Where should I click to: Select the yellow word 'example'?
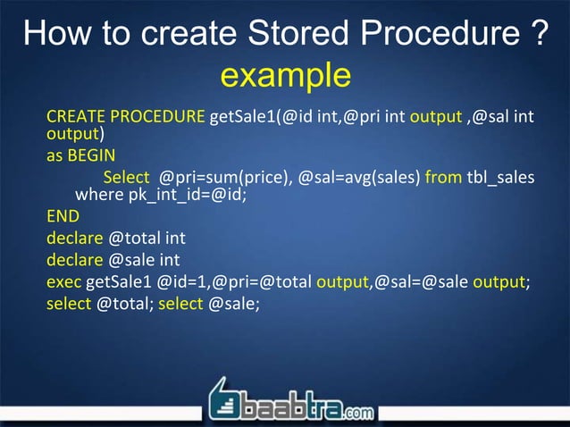click(x=285, y=76)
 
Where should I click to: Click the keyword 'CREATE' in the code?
click(x=75, y=118)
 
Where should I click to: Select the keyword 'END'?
click(x=63, y=217)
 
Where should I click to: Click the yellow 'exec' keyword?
click(x=63, y=283)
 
